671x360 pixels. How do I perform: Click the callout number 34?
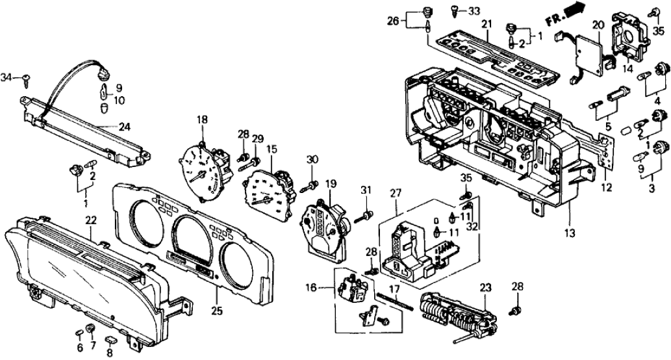pyautogui.click(x=8, y=78)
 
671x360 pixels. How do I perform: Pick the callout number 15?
pyautogui.click(x=271, y=149)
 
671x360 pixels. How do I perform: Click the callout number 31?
pyautogui.click(x=366, y=190)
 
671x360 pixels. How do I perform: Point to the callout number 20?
pyautogui.click(x=597, y=25)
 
